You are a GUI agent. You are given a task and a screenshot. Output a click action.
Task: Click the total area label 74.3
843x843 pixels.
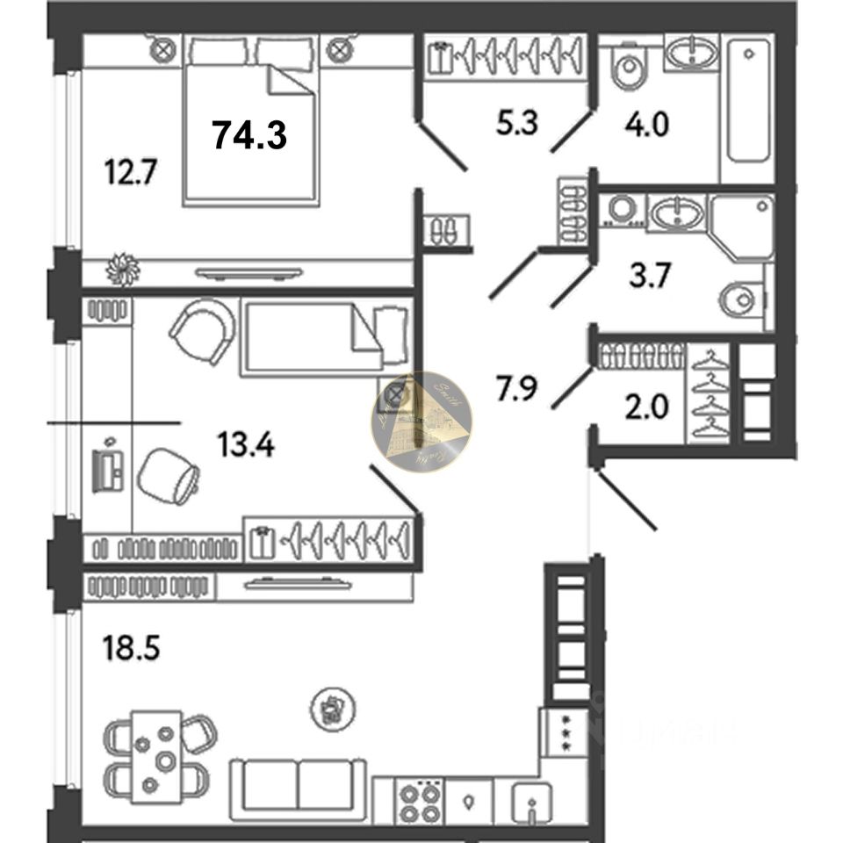250,134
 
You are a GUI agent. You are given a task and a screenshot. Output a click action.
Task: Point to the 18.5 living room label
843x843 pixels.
130,651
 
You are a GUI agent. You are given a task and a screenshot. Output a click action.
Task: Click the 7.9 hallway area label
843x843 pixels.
515,387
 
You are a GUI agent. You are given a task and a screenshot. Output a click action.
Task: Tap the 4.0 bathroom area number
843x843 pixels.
645,124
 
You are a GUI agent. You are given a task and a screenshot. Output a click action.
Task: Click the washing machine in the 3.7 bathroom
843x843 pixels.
623,211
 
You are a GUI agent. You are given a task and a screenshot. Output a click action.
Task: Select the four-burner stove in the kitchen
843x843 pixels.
418,803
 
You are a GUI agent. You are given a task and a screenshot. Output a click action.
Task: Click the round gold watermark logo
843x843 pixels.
421,421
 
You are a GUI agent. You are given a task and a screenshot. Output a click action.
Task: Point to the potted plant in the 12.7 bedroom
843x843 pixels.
123,269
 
